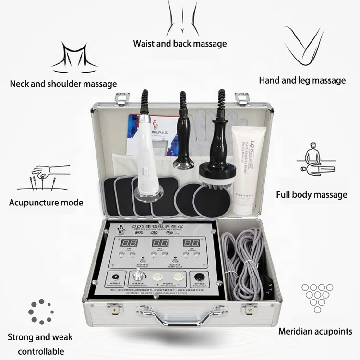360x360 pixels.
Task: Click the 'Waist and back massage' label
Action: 180,44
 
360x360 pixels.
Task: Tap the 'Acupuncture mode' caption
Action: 46,202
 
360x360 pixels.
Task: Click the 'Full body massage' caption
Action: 312,194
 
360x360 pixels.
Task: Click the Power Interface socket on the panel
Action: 116,278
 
